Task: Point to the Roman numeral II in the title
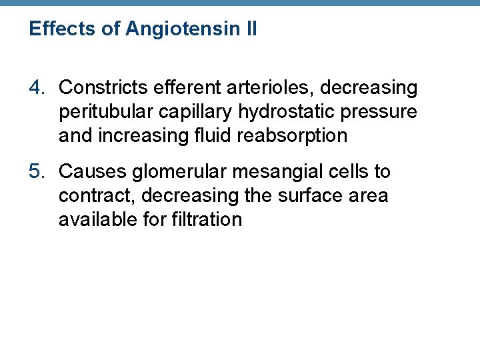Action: pyautogui.click(x=249, y=29)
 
